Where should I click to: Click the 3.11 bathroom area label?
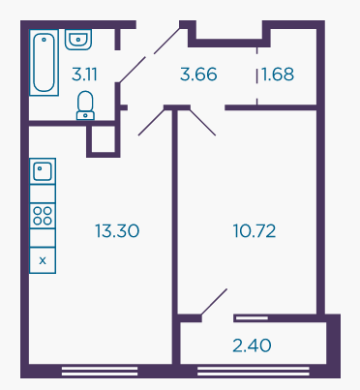[x=84, y=75]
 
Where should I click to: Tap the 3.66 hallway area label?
[x=198, y=75]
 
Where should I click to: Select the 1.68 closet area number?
[x=278, y=75]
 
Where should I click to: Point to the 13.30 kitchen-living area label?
[x=117, y=231]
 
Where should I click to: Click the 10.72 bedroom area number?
[x=255, y=231]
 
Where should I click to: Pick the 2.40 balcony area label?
[x=252, y=345]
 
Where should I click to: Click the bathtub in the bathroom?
[x=44, y=63]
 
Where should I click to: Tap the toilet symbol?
[x=85, y=105]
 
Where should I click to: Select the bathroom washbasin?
[x=78, y=40]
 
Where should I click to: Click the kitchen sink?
[x=43, y=171]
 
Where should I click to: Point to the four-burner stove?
[x=43, y=216]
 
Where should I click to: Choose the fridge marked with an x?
[x=43, y=260]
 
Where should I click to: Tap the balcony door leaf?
[x=214, y=302]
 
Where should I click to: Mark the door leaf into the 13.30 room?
[x=151, y=122]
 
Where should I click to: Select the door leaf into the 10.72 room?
[x=202, y=122]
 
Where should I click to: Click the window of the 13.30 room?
[x=100, y=371]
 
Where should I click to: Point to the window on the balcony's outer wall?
[x=254, y=371]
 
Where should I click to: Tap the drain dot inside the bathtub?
[x=44, y=40]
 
